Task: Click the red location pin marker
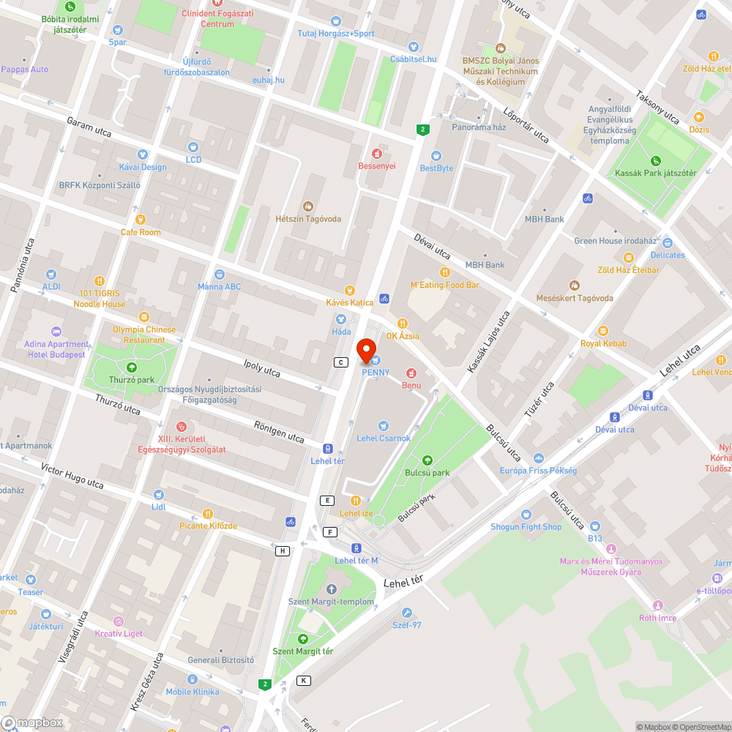pyautogui.click(x=365, y=351)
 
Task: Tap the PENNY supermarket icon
pyautogui.click(x=375, y=359)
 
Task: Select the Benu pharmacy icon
pyautogui.click(x=411, y=373)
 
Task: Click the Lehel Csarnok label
pyautogui.click(x=384, y=438)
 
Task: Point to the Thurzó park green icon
pyautogui.click(x=131, y=367)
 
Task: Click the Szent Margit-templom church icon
pyautogui.click(x=330, y=589)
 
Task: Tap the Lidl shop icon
pyautogui.click(x=159, y=495)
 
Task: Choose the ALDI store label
pyautogui.click(x=51, y=286)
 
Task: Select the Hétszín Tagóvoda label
pyautogui.click(x=308, y=219)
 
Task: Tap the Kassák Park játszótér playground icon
pyautogui.click(x=655, y=161)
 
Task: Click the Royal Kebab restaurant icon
pyautogui.click(x=603, y=331)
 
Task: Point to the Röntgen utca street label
pyautogui.click(x=278, y=432)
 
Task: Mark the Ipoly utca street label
pyautogui.click(x=262, y=368)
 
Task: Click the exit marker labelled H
pyautogui.click(x=282, y=550)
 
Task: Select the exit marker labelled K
pyautogui.click(x=303, y=680)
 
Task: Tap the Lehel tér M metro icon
pyautogui.click(x=356, y=548)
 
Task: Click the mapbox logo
pyautogui.click(x=33, y=722)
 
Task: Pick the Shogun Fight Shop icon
pyautogui.click(x=526, y=515)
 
